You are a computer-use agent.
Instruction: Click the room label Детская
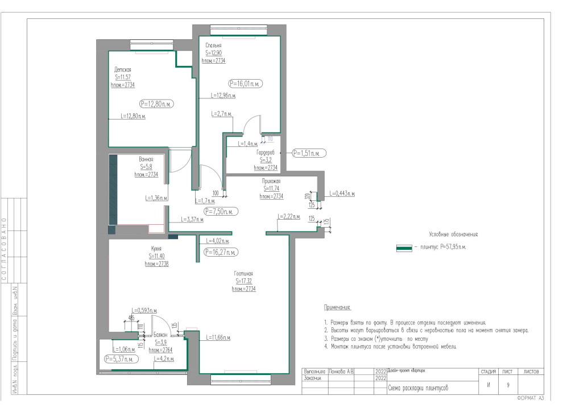coord(122,69)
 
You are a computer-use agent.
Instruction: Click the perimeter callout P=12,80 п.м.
coord(157,104)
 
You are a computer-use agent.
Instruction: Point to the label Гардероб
coord(266,153)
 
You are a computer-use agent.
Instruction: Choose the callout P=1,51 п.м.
coord(309,153)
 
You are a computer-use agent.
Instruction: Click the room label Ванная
coord(146,159)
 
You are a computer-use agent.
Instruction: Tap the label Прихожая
coord(271,181)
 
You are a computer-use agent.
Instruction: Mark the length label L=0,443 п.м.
coord(342,194)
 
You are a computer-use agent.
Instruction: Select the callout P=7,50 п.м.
coord(221,211)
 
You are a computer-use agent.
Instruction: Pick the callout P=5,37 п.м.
coord(119,359)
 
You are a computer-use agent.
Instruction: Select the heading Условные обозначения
coord(453,234)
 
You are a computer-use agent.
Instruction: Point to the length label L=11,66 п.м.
coord(218,338)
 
